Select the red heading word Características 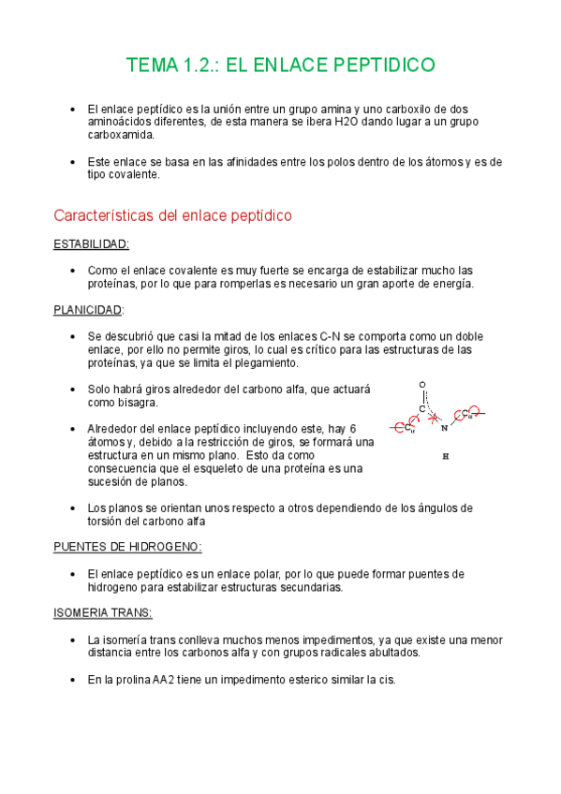coord(106,216)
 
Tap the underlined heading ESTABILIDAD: coord(92,244)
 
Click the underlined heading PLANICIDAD coord(88,310)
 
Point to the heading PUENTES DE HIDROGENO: coord(127,547)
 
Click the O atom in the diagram coord(422,385)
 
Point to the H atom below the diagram coord(446,457)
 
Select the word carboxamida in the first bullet coord(121,135)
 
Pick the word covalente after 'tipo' coord(134,174)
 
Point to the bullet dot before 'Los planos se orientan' coord(73,507)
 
